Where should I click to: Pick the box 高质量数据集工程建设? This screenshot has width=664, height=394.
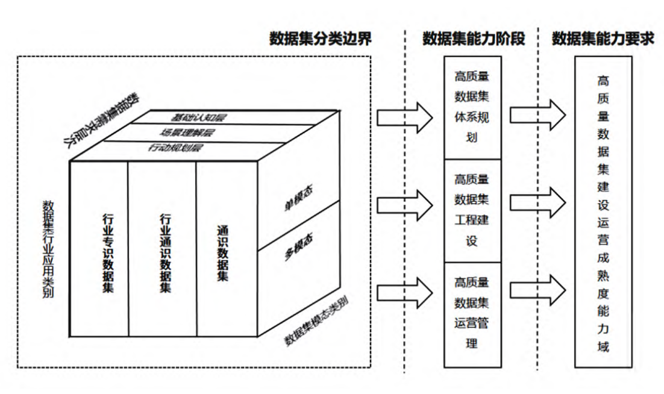472,210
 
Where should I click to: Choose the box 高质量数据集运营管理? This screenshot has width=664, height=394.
472,314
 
